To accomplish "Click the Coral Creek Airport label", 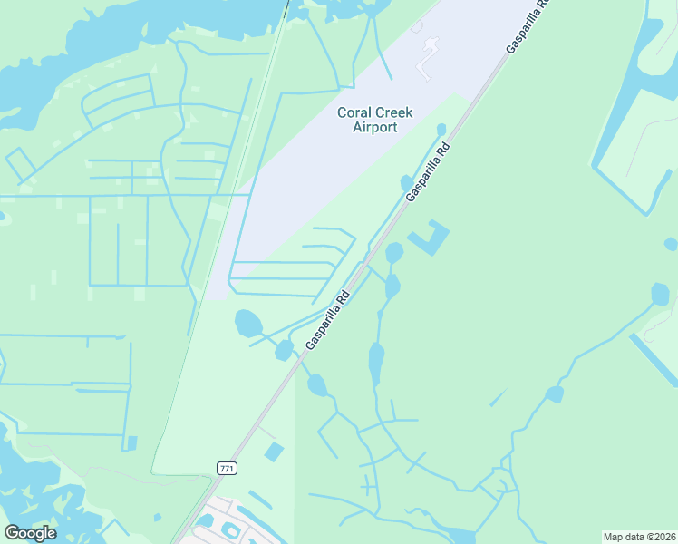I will click(374, 120).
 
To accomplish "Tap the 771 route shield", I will click(227, 467).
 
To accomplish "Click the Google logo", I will click(30, 532).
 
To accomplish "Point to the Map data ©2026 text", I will click(638, 537).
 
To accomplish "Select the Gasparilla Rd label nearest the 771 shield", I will click(328, 320).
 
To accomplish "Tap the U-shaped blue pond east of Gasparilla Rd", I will click(431, 238).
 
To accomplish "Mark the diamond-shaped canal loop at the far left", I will click(21, 164).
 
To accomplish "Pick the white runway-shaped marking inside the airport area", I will click(426, 56).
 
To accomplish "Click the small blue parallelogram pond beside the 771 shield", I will click(273, 452).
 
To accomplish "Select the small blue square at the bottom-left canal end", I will click(132, 443).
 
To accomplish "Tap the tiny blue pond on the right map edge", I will click(671, 244).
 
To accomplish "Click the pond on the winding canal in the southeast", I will click(554, 393).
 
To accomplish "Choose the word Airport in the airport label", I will click(374, 127).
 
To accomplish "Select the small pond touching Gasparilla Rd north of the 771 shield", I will click(285, 349).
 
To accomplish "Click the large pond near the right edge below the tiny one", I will click(661, 294).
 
